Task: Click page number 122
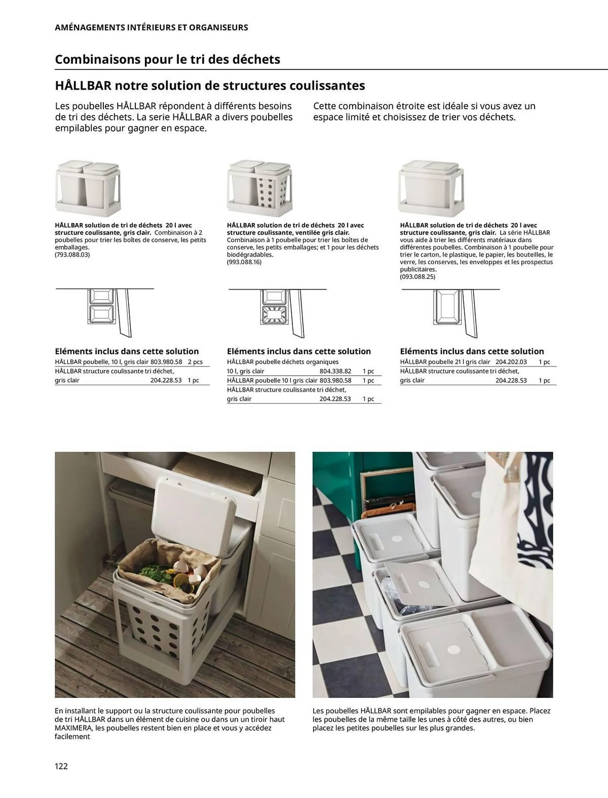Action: pos(61,766)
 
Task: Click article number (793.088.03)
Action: pos(72,255)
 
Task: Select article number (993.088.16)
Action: pos(244,262)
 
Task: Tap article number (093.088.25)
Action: pos(417,277)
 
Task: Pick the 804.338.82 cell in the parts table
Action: pos(335,371)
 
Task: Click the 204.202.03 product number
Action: pos(511,362)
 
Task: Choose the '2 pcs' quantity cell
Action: pos(195,362)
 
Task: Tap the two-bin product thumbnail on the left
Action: pos(88,187)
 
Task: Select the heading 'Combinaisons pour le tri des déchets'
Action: pos(167,59)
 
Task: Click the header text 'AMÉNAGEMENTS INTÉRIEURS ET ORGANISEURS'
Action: pos(151,28)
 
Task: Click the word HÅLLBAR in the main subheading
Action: pos(82,85)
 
